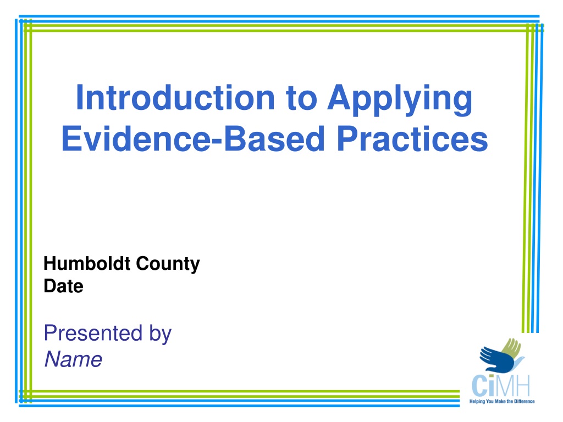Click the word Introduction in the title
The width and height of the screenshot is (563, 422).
coord(175,98)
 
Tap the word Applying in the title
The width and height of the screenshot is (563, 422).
coord(400,100)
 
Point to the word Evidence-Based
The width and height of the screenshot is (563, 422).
coord(193,138)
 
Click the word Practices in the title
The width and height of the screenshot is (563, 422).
coord(412,138)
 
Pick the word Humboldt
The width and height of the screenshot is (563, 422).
coord(87,263)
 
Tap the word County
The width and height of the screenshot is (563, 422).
coord(168,264)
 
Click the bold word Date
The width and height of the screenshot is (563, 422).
coord(64,286)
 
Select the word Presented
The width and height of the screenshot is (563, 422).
coord(93,333)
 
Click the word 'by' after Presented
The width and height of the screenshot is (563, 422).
coord(161,335)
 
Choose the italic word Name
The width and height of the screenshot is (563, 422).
coord(73,359)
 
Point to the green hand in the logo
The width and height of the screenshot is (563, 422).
coord(511,348)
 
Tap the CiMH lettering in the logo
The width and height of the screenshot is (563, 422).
coord(501,386)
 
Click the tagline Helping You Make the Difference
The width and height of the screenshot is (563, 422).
coord(502,402)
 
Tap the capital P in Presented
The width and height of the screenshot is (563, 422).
coord(51,333)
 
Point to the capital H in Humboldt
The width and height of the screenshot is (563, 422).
coord(50,264)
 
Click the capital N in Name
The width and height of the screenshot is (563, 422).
coord(53,359)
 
